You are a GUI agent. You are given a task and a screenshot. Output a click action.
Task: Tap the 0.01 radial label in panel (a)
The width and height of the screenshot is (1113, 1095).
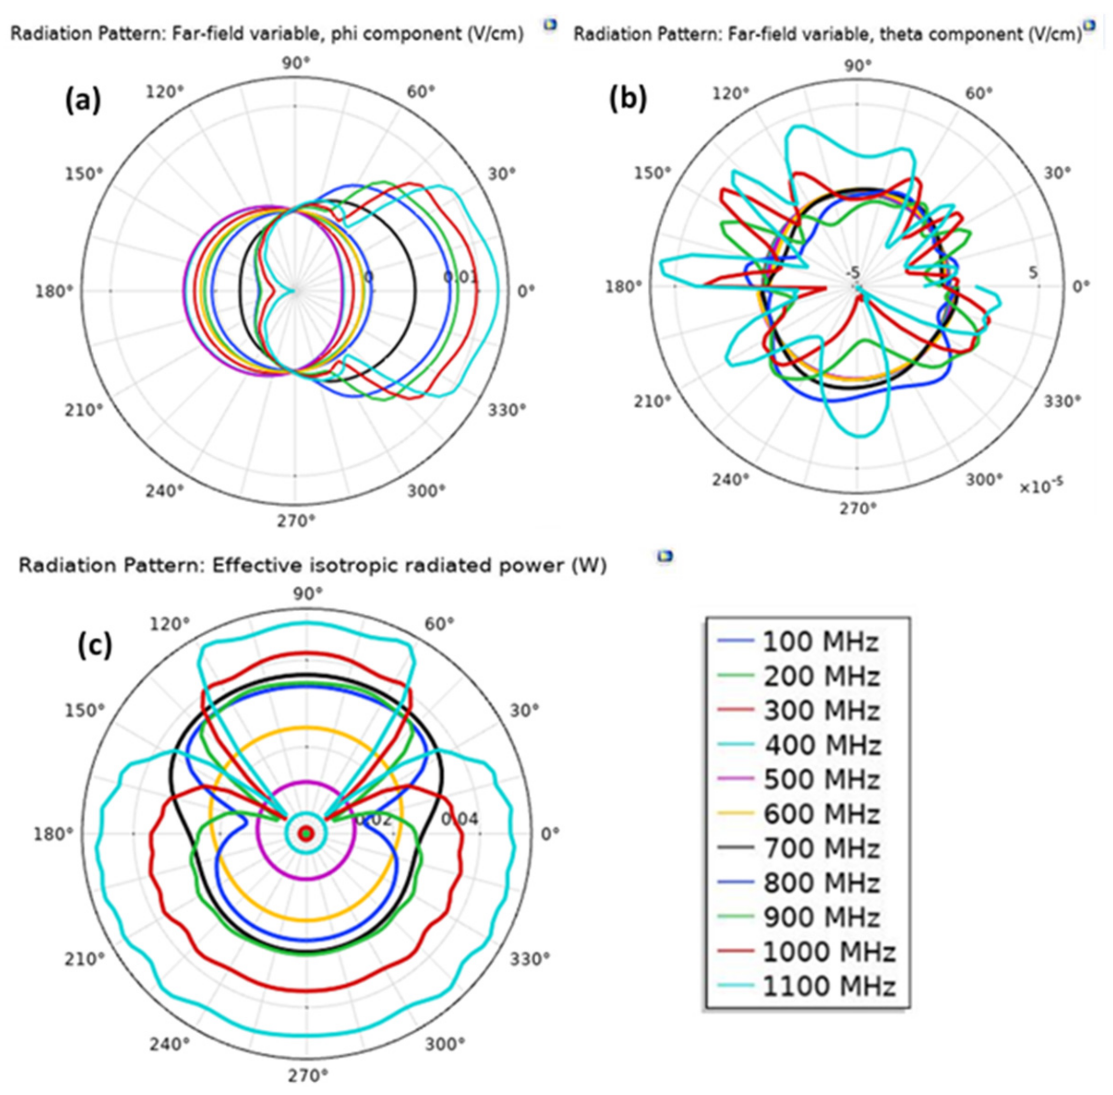(x=460, y=278)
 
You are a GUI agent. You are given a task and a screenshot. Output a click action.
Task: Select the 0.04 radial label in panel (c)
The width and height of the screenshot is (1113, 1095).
(x=460, y=818)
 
